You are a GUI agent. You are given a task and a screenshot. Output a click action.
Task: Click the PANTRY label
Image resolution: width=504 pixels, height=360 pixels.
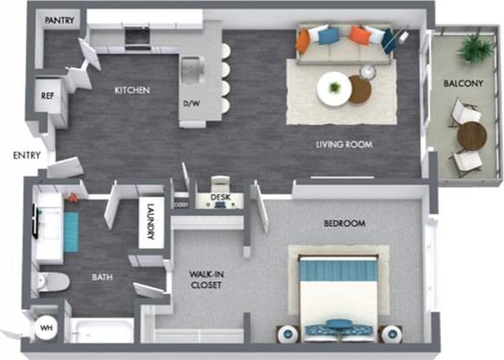click(59, 20)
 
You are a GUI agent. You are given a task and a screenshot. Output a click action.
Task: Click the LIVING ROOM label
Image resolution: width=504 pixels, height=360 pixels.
click(344, 145)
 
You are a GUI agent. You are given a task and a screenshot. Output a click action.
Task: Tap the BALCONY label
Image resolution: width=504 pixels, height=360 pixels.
click(463, 84)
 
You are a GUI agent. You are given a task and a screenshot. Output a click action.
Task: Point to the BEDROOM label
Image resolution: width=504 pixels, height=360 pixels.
click(344, 223)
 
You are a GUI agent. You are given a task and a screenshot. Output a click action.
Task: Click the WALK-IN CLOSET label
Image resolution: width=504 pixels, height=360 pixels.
click(207, 279)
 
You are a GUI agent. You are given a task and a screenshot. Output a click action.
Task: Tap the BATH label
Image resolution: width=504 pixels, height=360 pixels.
click(102, 278)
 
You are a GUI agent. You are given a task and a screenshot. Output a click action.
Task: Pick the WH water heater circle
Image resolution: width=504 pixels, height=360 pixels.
click(45, 328)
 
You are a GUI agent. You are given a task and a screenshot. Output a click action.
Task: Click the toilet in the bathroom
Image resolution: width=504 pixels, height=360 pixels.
click(54, 280)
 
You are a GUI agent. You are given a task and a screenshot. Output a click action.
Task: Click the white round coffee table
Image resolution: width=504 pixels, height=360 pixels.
click(333, 87)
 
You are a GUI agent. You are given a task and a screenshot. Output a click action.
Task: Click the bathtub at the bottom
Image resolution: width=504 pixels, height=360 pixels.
click(101, 333)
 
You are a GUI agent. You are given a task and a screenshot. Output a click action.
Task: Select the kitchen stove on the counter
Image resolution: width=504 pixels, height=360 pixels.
click(137, 36)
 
